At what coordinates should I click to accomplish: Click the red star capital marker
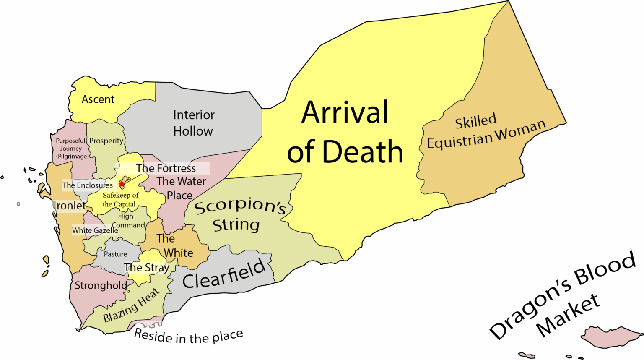[x=122, y=184]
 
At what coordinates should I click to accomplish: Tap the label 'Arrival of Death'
[x=345, y=132]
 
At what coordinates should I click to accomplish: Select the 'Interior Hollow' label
[x=193, y=123]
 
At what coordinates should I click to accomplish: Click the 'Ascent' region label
[x=98, y=99]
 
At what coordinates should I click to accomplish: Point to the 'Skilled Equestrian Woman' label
[x=486, y=131]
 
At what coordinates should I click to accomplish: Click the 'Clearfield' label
[x=224, y=274]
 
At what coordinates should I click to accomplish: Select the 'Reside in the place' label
[x=188, y=336]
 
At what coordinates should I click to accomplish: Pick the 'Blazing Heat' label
[x=131, y=305]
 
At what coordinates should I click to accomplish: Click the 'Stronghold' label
[x=101, y=286]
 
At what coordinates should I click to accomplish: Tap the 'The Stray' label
[x=146, y=268]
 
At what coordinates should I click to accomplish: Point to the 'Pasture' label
[x=115, y=254]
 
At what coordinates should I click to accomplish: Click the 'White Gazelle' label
[x=95, y=230]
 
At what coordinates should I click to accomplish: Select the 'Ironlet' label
[x=70, y=206]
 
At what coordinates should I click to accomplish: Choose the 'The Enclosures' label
[x=88, y=185]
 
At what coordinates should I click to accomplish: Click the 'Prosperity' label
[x=106, y=141]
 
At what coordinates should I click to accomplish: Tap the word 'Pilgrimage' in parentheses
[x=73, y=157]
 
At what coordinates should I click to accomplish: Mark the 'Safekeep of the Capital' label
[x=120, y=200]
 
